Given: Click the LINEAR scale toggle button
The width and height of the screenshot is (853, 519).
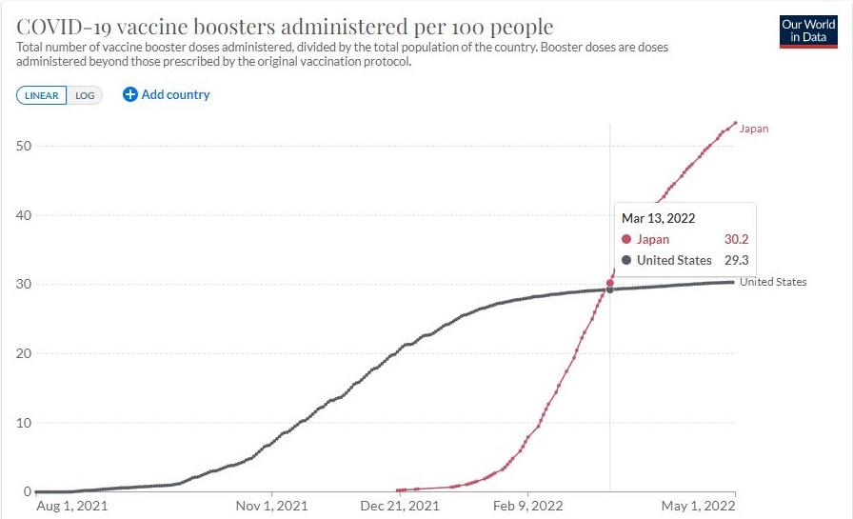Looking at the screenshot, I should [x=42, y=95].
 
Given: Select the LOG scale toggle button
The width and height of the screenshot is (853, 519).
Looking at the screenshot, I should [x=85, y=95].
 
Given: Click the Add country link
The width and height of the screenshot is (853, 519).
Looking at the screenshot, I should [x=167, y=94].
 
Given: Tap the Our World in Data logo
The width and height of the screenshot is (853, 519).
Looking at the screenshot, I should [x=807, y=30].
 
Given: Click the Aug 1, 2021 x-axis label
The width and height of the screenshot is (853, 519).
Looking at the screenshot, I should [x=72, y=506].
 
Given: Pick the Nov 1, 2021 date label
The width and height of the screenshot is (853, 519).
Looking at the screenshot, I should [x=271, y=506].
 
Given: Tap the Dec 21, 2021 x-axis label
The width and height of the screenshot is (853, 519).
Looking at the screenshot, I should [x=401, y=506].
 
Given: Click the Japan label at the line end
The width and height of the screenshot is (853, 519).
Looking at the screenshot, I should [x=754, y=129].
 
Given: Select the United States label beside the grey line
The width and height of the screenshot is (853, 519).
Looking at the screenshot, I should [x=773, y=282].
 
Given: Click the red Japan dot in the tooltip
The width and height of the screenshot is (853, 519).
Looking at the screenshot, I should [x=626, y=240].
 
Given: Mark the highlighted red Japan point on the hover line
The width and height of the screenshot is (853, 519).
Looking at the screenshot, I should [x=609, y=283].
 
